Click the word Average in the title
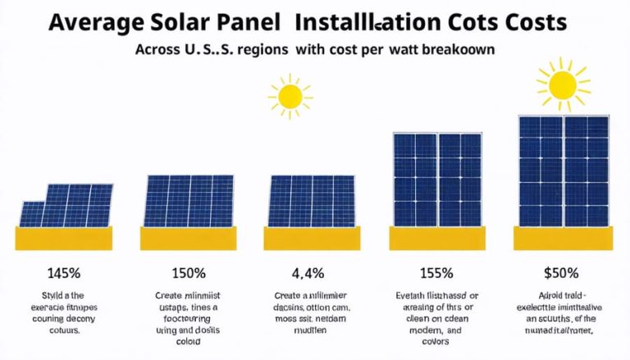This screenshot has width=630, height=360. [95, 21]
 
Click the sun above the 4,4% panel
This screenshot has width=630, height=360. [290, 96]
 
